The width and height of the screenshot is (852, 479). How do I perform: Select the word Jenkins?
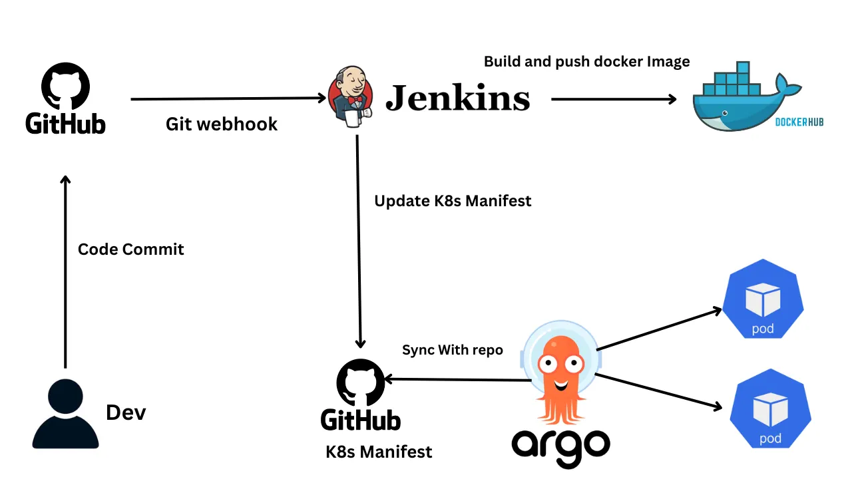pyautogui.click(x=458, y=98)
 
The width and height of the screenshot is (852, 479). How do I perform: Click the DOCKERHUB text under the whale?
pyautogui.click(x=799, y=122)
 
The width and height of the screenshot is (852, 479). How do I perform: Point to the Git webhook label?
pyautogui.click(x=222, y=124)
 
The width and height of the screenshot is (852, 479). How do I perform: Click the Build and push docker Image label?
pyautogui.click(x=586, y=62)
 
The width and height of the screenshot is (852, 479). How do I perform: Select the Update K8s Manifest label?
pyautogui.click(x=453, y=201)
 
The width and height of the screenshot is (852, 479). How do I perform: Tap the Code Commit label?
pyautogui.click(x=131, y=249)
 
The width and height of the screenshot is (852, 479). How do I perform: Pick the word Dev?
pyautogui.click(x=126, y=412)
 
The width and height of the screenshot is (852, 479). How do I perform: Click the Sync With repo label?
pyautogui.click(x=453, y=350)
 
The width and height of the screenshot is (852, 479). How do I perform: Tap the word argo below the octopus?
pyautogui.click(x=560, y=444)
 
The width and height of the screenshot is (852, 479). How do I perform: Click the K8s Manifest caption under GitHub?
pyautogui.click(x=379, y=452)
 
